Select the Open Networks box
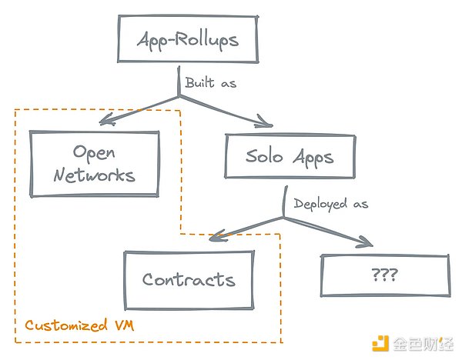95,163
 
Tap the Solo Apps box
290,158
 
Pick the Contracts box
189,279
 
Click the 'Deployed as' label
332,204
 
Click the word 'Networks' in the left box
95,175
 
